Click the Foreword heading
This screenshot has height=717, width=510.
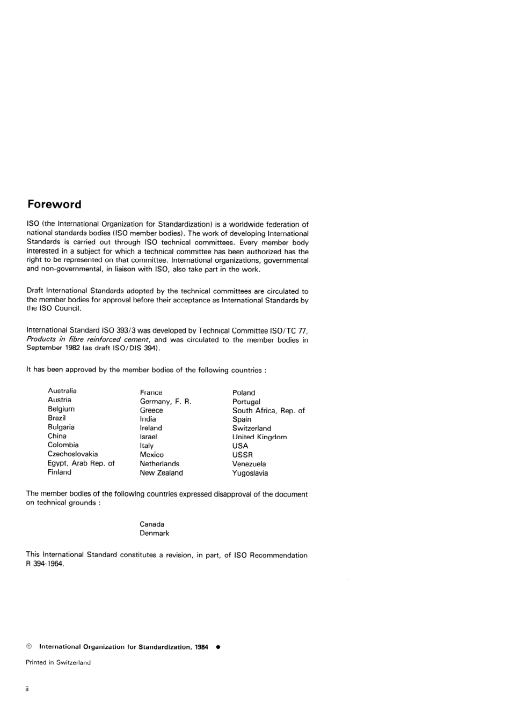(54, 204)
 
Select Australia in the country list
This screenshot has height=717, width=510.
(62, 391)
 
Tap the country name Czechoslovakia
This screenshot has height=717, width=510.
(72, 454)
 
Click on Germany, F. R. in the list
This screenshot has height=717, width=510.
(165, 402)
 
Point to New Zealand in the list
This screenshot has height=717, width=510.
(161, 473)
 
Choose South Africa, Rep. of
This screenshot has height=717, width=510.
(268, 411)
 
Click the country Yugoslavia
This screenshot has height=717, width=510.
(250, 473)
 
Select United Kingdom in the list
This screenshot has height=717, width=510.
(259, 437)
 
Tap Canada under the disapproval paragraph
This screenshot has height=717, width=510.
(152, 524)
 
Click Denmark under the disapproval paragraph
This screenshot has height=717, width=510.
(154, 534)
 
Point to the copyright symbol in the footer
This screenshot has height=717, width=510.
(30, 647)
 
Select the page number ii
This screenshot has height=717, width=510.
(27, 689)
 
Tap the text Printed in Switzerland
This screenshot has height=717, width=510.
(58, 663)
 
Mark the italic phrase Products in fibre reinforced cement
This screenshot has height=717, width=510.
(88, 339)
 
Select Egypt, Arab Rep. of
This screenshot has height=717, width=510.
(81, 463)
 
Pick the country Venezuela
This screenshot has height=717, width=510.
(249, 464)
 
